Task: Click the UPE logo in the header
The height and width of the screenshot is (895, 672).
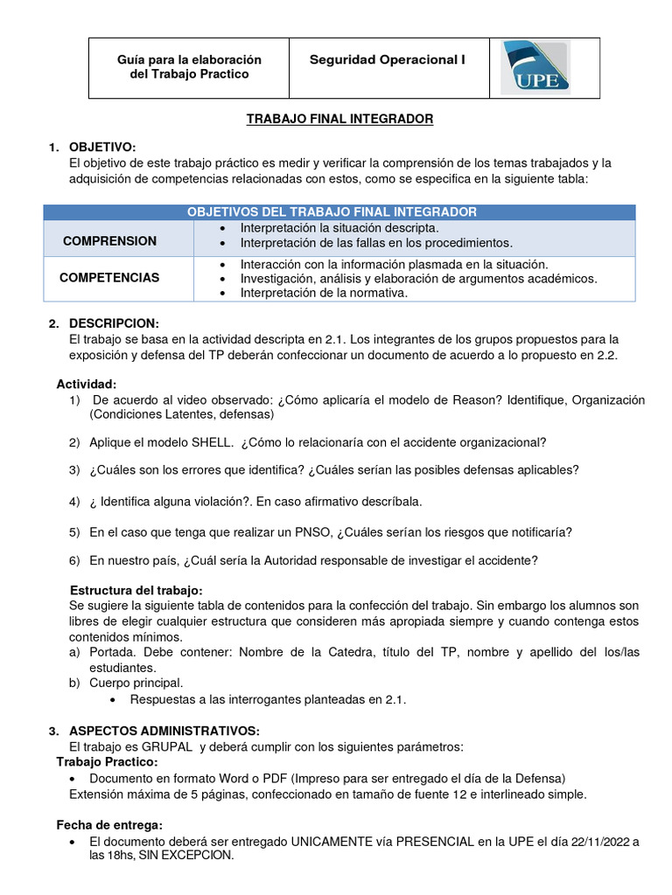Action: point(535,67)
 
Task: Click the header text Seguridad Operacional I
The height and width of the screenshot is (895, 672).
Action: point(387,59)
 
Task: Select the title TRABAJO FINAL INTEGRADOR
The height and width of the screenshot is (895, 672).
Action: point(339,119)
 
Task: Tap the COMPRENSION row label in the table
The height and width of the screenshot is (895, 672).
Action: point(109,240)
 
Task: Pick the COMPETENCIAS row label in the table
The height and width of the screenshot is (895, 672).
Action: point(109,277)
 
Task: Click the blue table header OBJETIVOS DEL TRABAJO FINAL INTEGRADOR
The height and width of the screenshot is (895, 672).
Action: point(332,212)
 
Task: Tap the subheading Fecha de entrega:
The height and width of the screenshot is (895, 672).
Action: point(109,825)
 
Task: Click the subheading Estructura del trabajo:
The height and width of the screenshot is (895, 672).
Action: point(136,590)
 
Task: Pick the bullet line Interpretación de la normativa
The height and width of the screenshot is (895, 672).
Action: point(324,293)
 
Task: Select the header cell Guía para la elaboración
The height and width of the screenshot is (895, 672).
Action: point(190,59)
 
